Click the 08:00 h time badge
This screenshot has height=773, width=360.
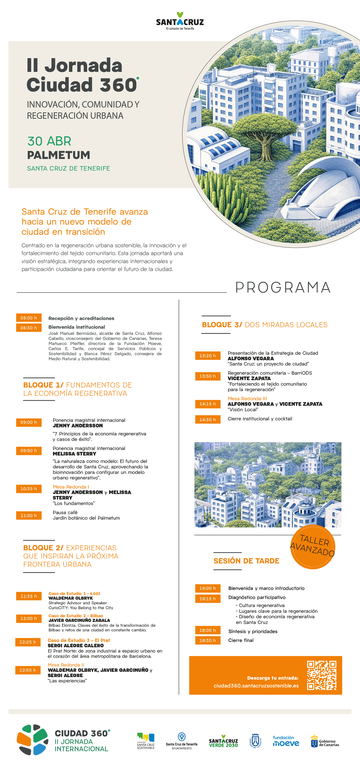[x=29, y=318]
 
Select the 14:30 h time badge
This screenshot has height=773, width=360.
[x=208, y=420]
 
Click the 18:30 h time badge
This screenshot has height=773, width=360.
[x=208, y=640]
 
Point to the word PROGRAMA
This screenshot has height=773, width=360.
[x=283, y=287]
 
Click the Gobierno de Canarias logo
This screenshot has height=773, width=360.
[x=325, y=741]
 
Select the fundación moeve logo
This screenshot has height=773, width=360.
[x=286, y=741]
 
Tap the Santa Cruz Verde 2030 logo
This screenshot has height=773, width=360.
[x=223, y=741]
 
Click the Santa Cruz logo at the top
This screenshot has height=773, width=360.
[x=180, y=21]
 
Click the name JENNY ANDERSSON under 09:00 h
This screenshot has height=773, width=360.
[x=78, y=425]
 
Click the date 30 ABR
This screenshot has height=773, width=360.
[x=49, y=141]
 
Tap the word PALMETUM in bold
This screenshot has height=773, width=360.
[x=58, y=155]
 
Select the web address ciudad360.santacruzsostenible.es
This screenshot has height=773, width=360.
[x=256, y=686]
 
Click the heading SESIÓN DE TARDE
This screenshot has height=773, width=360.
[x=246, y=561]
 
